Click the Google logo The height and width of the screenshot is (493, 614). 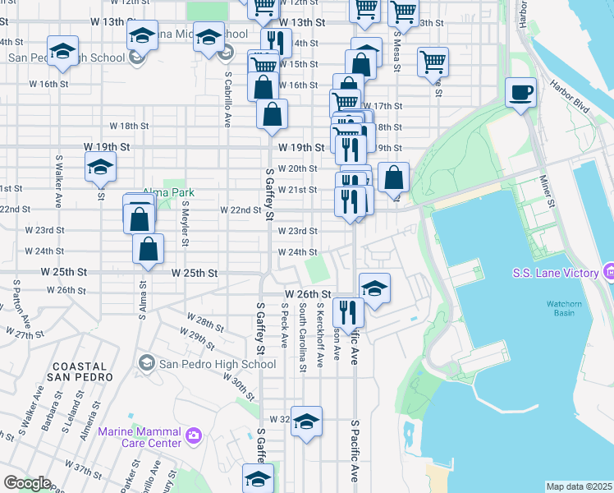[x=27, y=483]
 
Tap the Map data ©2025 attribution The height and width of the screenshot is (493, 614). [x=579, y=486]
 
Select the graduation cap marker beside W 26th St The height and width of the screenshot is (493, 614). [x=374, y=289]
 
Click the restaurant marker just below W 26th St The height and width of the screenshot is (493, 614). [x=348, y=312]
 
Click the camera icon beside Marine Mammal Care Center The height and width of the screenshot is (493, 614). [x=194, y=435]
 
